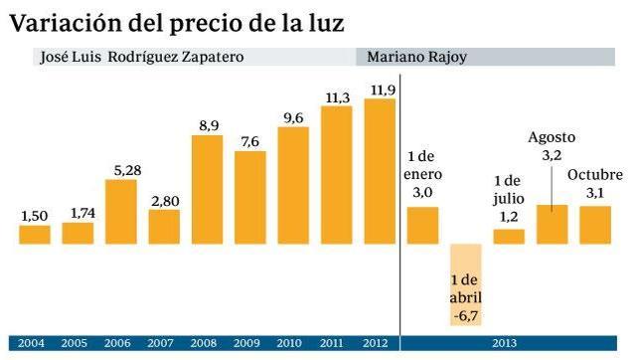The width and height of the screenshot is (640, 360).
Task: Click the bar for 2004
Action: tap(35, 235)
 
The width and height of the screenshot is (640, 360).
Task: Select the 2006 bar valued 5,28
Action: tap(121, 212)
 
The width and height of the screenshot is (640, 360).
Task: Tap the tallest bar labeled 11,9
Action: tap(380, 171)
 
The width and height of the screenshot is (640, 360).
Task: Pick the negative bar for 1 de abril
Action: tap(466, 284)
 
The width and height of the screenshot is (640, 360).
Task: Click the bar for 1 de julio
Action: tap(509, 237)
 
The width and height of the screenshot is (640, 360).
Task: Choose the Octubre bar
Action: tap(595, 225)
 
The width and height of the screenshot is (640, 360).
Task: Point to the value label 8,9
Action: tap(209, 126)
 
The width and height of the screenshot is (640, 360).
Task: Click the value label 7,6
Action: tap(249, 142)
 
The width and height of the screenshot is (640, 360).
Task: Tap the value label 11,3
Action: tap(338, 98)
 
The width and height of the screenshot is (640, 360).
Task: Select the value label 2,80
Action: tap(165, 201)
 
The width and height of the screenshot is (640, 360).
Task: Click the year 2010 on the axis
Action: tap(289, 343)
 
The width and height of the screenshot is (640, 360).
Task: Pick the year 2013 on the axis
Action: tap(505, 343)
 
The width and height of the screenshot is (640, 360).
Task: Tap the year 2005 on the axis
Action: tap(74, 343)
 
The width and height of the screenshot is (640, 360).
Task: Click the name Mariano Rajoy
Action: tap(416, 58)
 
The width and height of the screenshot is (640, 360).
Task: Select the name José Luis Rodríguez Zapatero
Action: tap(142, 57)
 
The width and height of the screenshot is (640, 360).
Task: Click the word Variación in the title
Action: tap(66, 23)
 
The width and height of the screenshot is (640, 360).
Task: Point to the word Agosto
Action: tap(552, 138)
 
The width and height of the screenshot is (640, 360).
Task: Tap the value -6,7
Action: tap(466, 316)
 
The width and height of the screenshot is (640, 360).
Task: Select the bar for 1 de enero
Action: tap(423, 226)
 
